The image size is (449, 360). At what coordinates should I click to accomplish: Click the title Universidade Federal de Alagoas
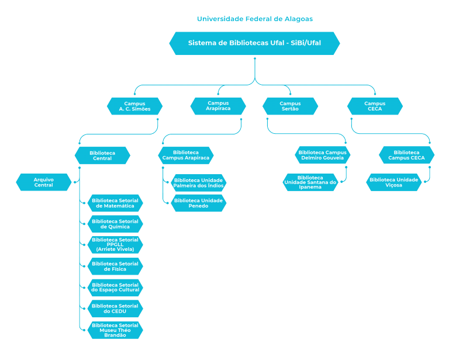[254, 19]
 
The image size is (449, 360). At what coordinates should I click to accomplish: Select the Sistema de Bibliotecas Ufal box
[254, 43]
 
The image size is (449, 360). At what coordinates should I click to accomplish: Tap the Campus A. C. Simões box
[135, 106]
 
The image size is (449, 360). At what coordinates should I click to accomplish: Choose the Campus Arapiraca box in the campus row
[218, 106]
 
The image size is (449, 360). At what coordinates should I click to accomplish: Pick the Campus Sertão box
[290, 106]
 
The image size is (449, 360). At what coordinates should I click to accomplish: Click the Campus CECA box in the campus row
[375, 106]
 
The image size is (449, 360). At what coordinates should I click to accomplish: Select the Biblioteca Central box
[102, 155]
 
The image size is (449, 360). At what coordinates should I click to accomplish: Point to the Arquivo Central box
[44, 182]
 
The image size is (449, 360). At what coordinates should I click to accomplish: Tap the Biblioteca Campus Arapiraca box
[186, 155]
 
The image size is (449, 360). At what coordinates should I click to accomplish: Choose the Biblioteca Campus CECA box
[406, 155]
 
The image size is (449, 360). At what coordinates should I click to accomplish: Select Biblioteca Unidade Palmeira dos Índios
[198, 183]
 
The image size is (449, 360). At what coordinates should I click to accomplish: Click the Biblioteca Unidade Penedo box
[198, 203]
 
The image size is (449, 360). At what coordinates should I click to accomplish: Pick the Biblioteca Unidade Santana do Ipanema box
[310, 182]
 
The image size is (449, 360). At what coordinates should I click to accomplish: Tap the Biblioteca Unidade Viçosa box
[393, 182]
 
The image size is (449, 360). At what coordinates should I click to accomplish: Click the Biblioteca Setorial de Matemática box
[115, 203]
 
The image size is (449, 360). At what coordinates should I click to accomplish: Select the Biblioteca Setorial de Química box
[115, 224]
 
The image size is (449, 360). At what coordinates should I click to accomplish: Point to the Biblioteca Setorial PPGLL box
[115, 245]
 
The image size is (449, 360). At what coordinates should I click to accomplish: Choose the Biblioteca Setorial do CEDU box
[115, 309]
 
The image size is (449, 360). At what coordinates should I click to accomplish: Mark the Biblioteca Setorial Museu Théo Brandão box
[115, 330]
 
